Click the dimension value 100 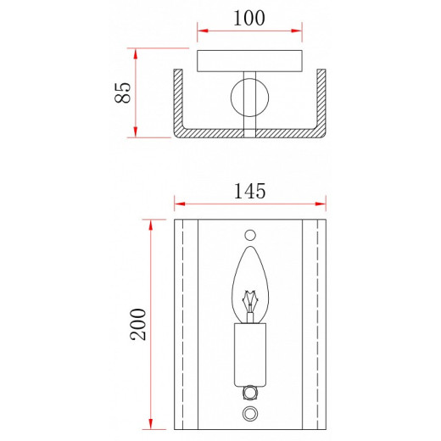pos(249,17)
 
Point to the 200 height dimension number pos(138,324)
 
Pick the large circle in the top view pos(250,98)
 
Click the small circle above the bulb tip pos(250,234)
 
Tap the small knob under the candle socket pos(250,392)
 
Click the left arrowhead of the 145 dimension pos(177,204)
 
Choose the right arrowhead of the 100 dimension pos(299,34)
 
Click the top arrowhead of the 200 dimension pos(151,222)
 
